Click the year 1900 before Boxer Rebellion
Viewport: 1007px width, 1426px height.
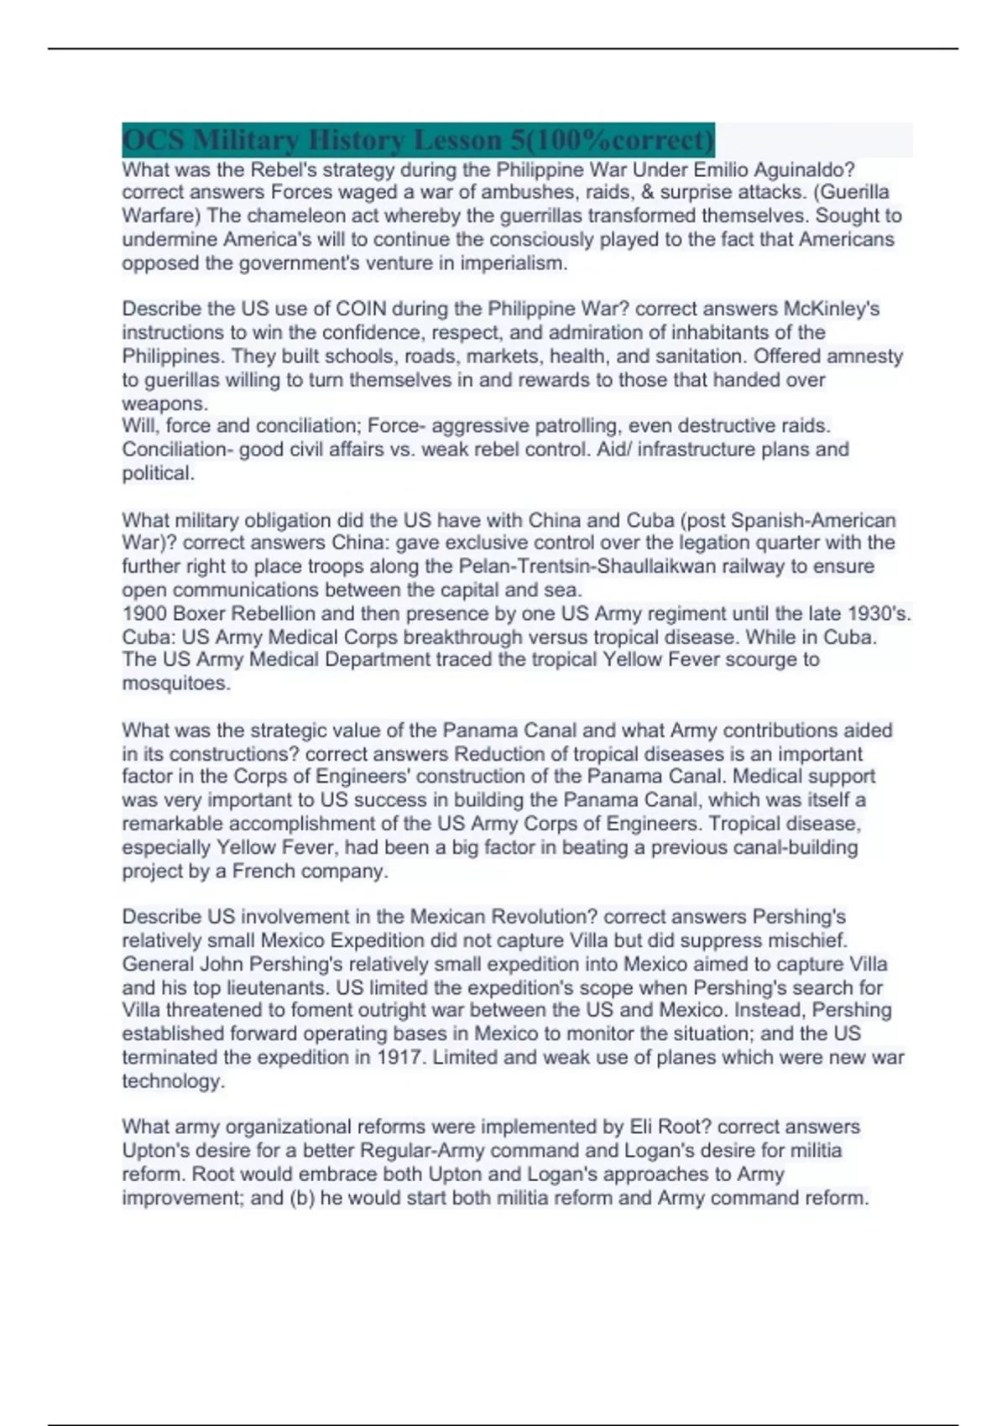pyautogui.click(x=144, y=613)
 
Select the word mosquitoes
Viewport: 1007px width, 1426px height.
pyautogui.click(x=175, y=684)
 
